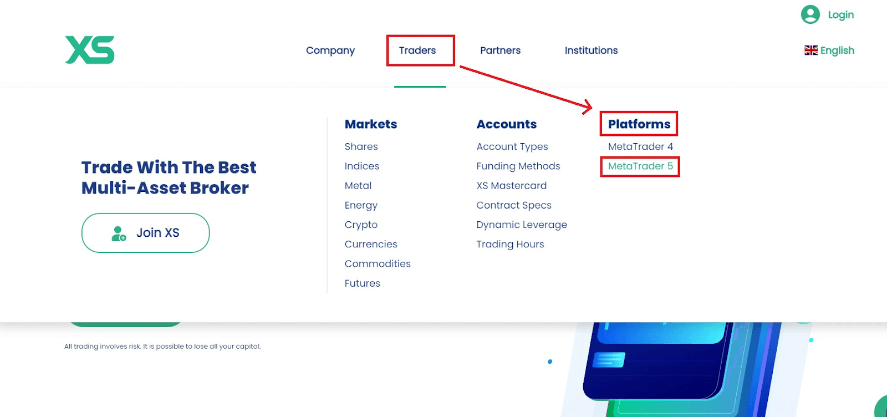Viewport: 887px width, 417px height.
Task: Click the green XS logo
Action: coord(90,50)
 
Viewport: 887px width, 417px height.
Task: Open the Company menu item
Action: coord(330,50)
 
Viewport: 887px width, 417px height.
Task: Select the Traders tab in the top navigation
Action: coord(417,50)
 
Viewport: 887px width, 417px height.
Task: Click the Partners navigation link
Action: coord(500,50)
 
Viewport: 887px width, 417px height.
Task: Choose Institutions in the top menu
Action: coord(591,50)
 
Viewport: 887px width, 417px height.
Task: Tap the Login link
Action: coord(840,15)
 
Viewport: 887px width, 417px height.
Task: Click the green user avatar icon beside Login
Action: coord(810,14)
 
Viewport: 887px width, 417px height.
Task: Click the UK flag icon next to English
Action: coord(810,50)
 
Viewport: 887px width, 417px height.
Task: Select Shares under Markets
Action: coord(361,146)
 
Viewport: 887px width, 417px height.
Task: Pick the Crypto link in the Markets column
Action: coord(361,225)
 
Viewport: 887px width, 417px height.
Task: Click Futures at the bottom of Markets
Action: coord(363,283)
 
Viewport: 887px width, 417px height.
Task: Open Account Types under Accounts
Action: coord(512,146)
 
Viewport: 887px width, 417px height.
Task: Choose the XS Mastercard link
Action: coord(511,185)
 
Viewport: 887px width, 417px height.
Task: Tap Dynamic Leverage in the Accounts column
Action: coord(522,225)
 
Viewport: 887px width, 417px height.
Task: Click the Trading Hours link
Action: coord(510,244)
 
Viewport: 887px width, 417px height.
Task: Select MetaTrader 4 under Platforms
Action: coord(640,146)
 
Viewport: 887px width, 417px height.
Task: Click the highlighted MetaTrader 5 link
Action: coord(640,166)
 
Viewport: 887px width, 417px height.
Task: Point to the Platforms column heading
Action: coord(639,124)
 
